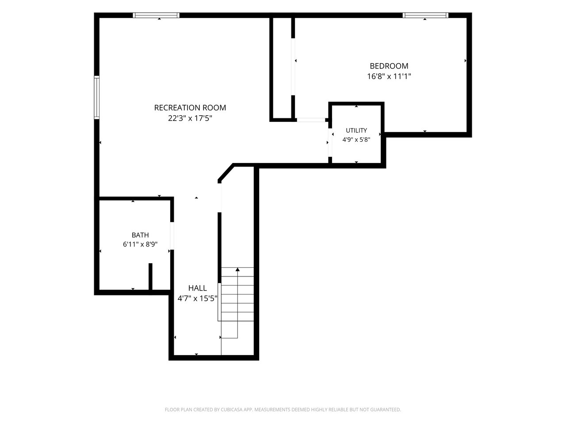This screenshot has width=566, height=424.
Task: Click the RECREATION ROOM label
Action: (190, 108)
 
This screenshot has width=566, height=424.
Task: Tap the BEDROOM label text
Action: (389, 66)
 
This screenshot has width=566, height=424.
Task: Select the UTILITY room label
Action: (356, 130)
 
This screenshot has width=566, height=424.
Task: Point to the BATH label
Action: (140, 235)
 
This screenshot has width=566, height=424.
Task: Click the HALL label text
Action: (197, 288)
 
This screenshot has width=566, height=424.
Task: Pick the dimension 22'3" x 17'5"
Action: (190, 118)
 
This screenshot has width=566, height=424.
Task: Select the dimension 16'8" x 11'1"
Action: (389, 76)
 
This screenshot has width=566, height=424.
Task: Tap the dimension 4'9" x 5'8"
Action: (356, 140)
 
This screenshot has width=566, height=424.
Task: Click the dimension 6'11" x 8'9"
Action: (140, 244)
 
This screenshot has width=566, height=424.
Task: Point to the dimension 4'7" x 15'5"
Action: (197, 299)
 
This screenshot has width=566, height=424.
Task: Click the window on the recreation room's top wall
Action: (156, 15)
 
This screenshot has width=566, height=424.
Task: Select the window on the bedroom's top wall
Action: (425, 15)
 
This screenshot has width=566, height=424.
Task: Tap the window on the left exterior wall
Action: (96, 98)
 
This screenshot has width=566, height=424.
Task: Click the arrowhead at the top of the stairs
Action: (237, 269)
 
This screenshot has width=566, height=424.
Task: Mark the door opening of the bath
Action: (172, 235)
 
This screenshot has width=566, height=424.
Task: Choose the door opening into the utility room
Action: (330, 142)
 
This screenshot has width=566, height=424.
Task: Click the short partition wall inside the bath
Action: (150, 276)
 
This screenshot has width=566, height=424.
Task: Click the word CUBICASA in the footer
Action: (232, 409)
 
